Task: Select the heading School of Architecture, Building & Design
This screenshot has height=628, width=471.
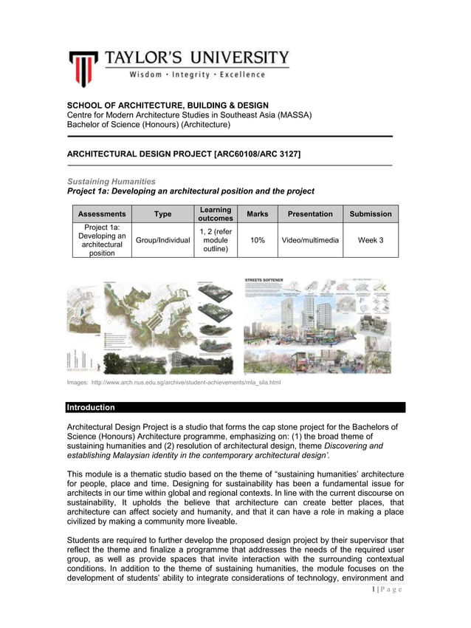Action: (x=168, y=106)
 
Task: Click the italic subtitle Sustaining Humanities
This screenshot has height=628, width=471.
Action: (x=111, y=181)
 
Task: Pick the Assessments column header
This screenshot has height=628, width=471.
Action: (x=102, y=214)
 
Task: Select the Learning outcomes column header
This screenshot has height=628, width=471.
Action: (x=216, y=214)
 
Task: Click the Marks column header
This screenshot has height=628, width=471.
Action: (x=258, y=214)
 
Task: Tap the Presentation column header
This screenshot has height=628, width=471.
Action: (x=310, y=214)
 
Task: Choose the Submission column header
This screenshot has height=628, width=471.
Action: (x=371, y=214)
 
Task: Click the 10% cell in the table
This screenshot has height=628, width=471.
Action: (x=258, y=240)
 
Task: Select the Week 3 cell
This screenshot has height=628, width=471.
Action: (x=371, y=240)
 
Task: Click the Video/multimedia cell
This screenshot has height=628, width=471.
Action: (x=310, y=240)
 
